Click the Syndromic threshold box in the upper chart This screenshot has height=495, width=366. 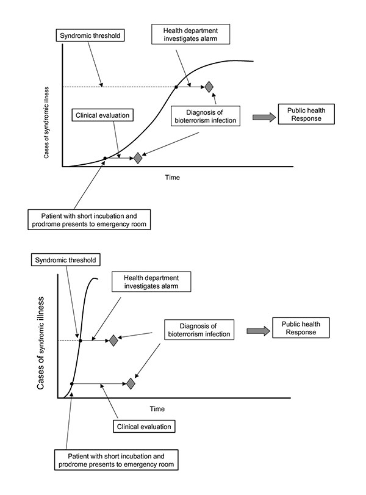pos(90,35)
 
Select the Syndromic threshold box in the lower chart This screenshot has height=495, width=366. pos(66,260)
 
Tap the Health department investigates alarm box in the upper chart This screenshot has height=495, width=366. pos(190,34)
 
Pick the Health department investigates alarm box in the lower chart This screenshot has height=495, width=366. pos(151,281)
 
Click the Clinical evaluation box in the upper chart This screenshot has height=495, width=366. pos(102,115)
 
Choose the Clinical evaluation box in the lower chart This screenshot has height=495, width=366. pos(144,427)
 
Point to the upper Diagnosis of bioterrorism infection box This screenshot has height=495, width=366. pos(206,116)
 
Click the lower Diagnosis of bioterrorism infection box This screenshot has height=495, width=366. pos(199,330)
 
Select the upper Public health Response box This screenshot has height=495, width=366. pos(306,114)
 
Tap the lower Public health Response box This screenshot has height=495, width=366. pos(301,328)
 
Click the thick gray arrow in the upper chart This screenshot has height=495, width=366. pos(264,117)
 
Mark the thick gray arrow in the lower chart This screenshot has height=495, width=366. pos(258,331)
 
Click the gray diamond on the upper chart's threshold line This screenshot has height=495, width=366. pos(209,87)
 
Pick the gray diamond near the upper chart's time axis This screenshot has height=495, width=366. pos(138,158)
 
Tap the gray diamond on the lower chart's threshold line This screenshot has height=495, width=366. pos(113,341)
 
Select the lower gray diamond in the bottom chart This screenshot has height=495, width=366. pos(131,383)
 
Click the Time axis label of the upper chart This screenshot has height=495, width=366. pos(172,178)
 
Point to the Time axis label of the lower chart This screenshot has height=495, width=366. pos(157,409)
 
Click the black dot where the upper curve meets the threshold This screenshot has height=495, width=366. pos(176,87)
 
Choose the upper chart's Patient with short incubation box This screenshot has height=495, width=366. pos(89,220)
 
